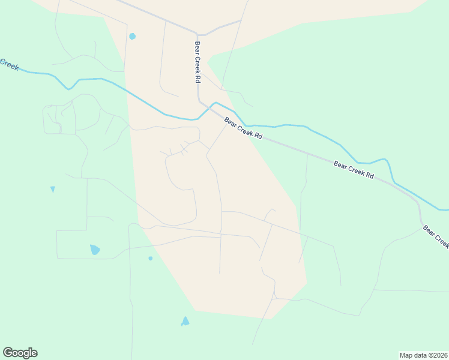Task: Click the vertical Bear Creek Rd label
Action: [196, 62]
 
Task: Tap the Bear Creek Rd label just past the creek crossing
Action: [244, 128]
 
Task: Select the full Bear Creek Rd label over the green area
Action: [354, 170]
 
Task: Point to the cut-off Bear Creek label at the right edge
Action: [435, 236]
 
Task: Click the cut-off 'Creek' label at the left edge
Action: [9, 64]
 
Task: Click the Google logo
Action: [20, 353]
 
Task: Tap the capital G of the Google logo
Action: [8, 353]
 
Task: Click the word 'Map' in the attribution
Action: [406, 355]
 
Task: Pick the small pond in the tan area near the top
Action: [132, 36]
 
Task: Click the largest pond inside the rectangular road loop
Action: [95, 250]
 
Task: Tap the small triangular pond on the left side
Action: [53, 189]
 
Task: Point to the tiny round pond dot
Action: [150, 259]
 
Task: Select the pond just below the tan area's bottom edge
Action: [185, 322]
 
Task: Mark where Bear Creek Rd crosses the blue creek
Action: [211, 108]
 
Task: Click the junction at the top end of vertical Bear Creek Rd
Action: [197, 34]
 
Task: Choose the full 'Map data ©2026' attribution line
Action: [423, 355]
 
